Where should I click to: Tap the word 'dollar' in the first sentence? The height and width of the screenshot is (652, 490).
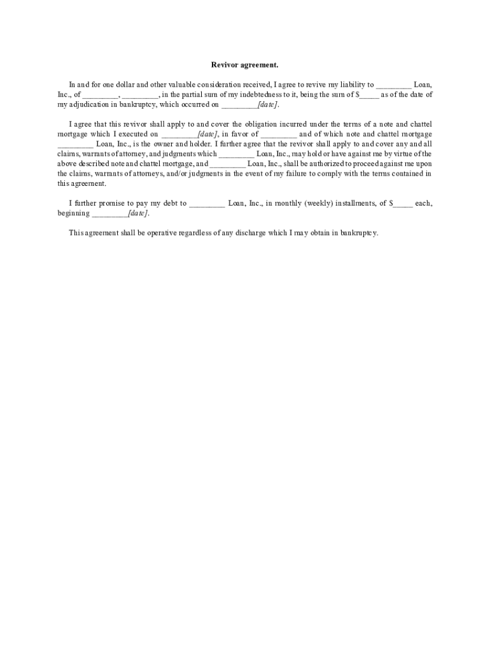pos(118,84)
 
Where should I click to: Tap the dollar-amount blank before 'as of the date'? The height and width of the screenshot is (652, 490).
pos(370,95)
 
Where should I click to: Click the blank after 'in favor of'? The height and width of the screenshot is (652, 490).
pos(278,134)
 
